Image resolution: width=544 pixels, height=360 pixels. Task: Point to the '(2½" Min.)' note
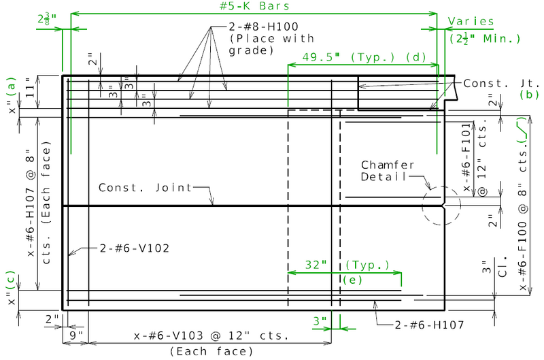click(485, 39)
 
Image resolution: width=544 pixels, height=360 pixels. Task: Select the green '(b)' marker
click(529, 95)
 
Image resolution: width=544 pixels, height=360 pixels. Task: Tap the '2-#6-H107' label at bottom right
click(426, 326)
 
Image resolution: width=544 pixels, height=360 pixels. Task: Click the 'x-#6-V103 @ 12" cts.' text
click(211, 336)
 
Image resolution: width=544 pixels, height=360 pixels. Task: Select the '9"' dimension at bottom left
click(75, 335)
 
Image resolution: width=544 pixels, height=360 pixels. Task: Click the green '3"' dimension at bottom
click(320, 320)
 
